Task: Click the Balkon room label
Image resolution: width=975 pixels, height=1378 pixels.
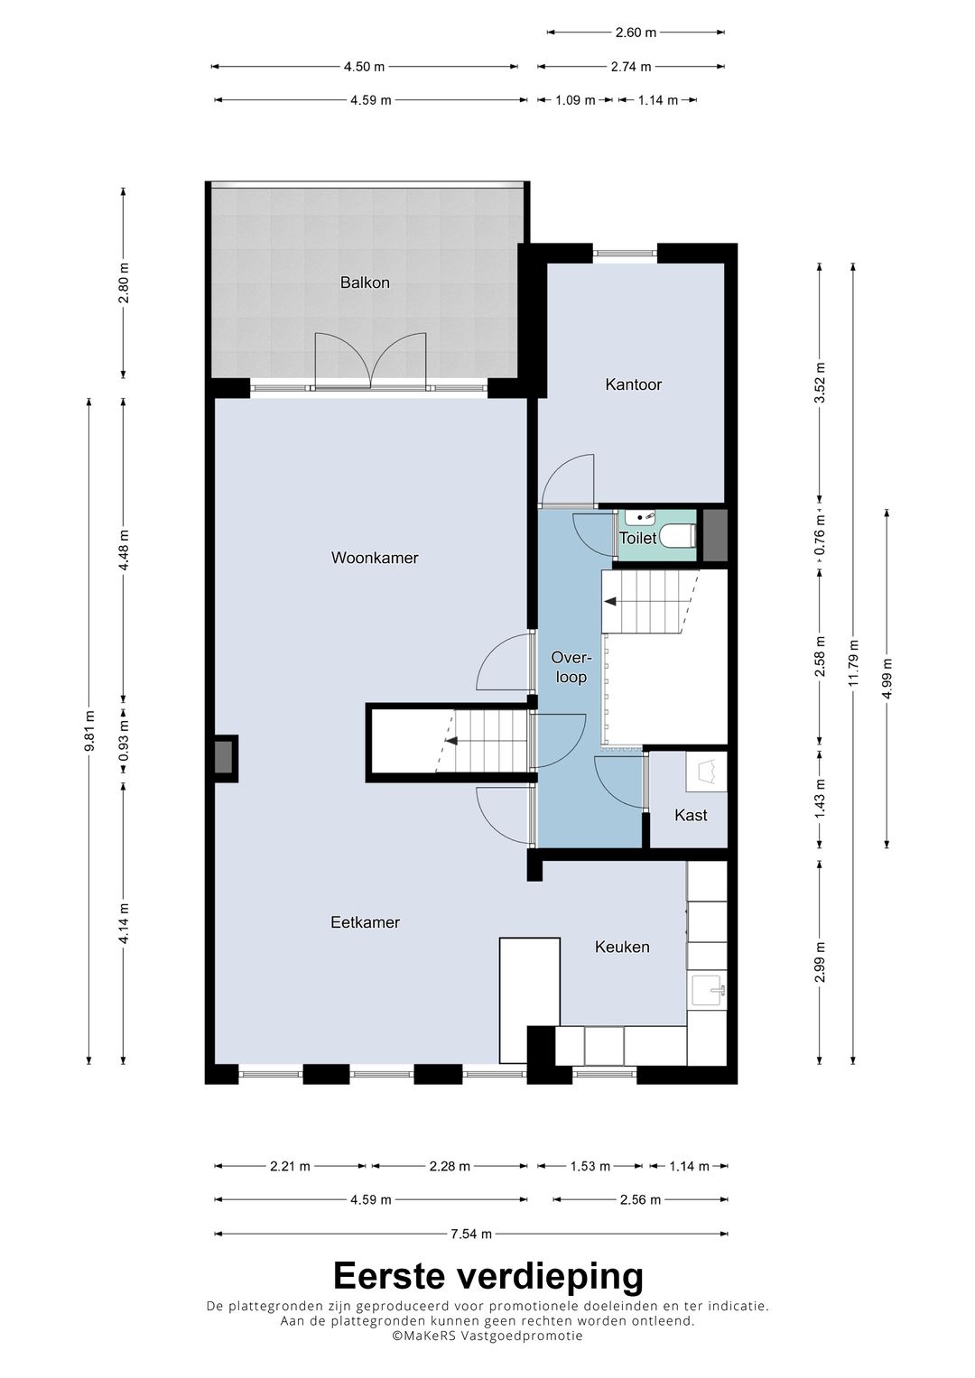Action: (365, 282)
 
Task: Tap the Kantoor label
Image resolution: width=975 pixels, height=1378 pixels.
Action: (634, 384)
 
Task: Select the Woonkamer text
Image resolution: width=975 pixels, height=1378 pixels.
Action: (375, 558)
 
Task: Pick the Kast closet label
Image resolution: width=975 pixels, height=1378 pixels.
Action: (691, 815)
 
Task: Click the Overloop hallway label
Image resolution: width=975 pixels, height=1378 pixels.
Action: (571, 668)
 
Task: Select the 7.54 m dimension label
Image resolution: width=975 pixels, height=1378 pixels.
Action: (471, 1234)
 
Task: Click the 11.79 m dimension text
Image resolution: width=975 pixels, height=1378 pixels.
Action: (853, 664)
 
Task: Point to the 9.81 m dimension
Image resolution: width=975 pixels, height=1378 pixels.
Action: (90, 731)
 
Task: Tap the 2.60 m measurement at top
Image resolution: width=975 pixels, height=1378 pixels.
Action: (636, 32)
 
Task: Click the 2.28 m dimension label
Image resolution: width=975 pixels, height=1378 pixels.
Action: (450, 1166)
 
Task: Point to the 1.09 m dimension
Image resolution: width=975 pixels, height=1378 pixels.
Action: (576, 100)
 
